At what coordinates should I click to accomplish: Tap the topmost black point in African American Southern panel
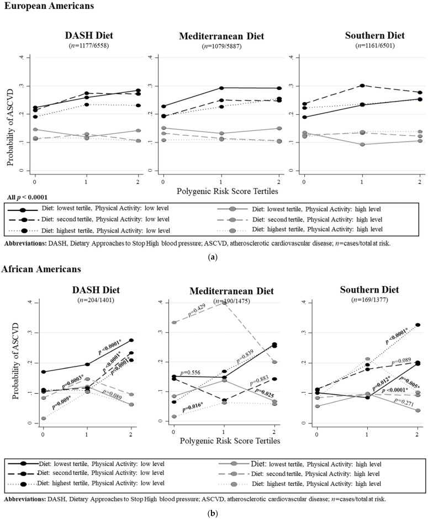[x=419, y=325]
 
